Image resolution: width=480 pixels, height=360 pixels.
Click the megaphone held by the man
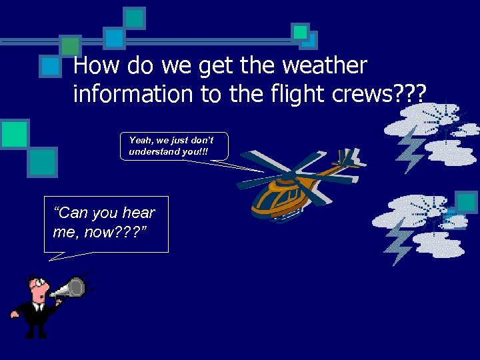point(70,289)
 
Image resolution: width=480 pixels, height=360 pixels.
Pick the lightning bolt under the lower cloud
point(399,239)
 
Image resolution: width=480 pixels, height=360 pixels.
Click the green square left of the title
point(70,45)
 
